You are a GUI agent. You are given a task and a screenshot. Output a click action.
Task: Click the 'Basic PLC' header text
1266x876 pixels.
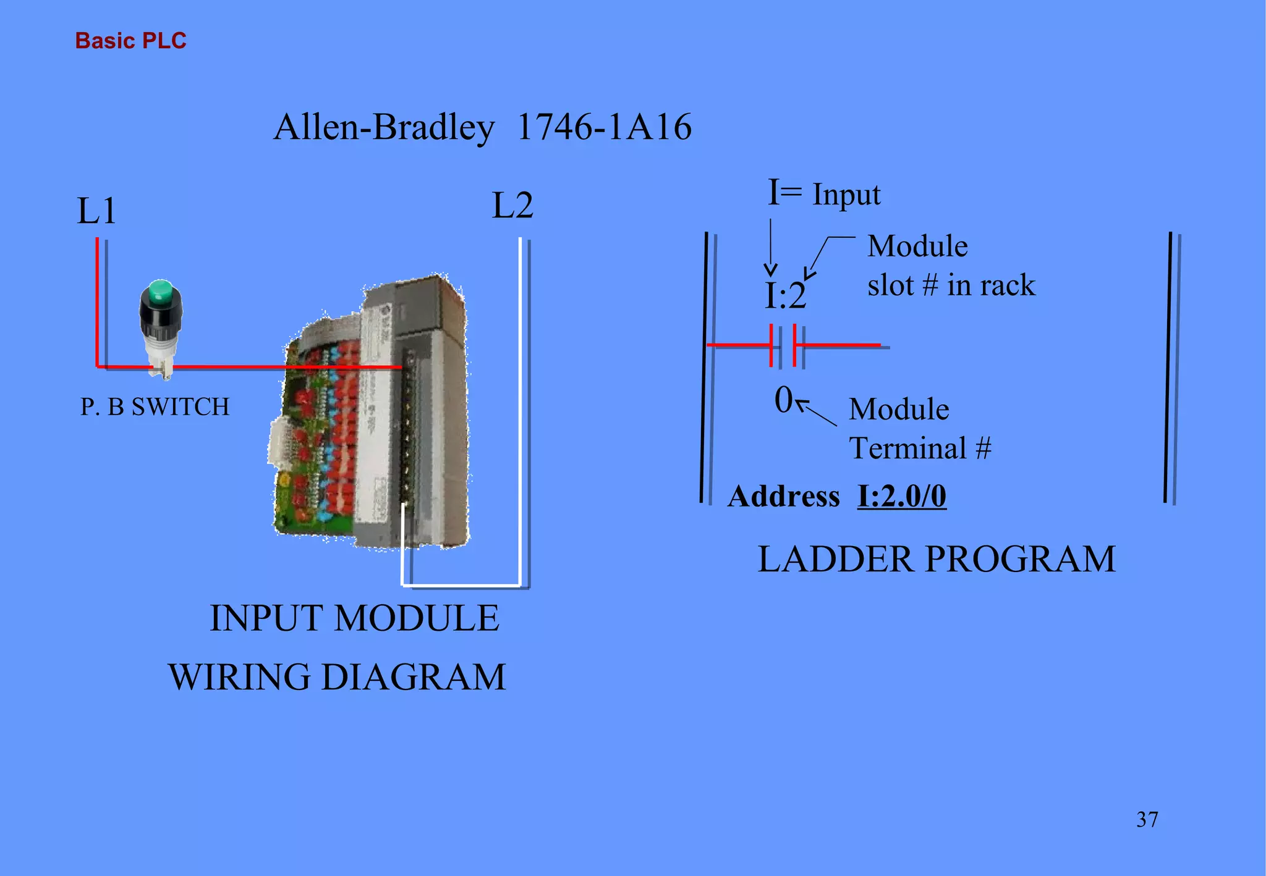130,41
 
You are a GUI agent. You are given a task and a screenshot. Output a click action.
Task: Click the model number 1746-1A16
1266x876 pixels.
604,127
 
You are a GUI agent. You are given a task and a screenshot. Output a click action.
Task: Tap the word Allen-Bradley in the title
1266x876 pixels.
384,127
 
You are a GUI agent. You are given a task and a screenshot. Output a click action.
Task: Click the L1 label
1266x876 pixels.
96,211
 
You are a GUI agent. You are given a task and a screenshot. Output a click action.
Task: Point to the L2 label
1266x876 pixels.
512,206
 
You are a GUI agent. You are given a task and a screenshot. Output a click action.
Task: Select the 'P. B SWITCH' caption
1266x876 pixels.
155,406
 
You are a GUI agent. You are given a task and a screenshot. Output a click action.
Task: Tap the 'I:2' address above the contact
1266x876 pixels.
785,296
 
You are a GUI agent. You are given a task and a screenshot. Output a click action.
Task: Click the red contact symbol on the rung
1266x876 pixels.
783,345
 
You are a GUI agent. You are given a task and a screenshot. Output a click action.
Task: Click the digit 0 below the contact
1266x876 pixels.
783,400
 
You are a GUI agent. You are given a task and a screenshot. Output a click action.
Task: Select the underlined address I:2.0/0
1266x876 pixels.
901,496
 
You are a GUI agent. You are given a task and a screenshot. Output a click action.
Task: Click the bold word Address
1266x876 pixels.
783,496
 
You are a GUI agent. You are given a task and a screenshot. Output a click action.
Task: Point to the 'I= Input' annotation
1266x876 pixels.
823,193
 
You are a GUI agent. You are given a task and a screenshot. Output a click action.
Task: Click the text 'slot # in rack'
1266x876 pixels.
951,285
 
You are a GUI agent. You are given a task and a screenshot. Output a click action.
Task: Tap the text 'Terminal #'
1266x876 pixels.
919,448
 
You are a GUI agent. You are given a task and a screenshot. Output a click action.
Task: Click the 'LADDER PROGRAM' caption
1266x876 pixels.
936,559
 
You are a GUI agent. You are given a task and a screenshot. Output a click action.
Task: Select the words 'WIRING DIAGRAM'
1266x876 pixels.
337,676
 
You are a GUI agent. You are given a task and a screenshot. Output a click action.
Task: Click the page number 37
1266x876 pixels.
1147,820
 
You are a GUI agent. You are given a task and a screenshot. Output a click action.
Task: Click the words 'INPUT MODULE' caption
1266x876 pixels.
354,618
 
